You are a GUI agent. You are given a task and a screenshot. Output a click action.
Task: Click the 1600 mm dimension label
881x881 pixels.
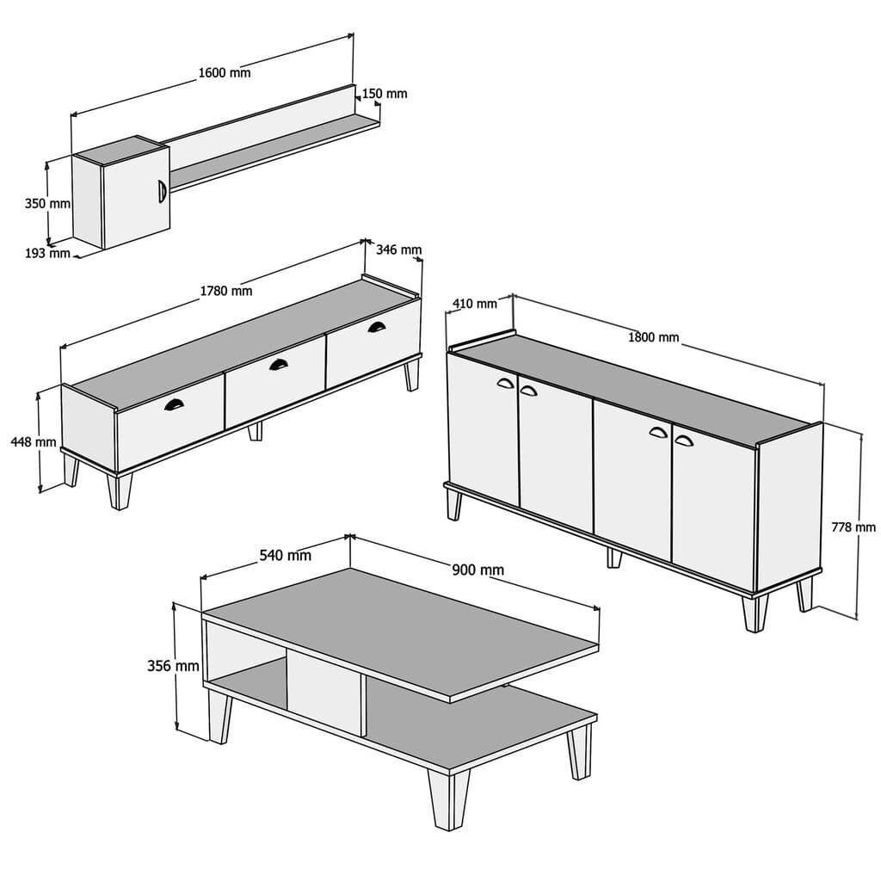click(225, 73)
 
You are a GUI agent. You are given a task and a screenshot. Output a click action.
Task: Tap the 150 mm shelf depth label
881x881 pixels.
click(385, 93)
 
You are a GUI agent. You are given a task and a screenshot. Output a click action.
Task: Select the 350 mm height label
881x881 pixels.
click(46, 204)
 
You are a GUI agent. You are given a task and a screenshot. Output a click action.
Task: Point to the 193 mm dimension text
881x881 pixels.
click(47, 253)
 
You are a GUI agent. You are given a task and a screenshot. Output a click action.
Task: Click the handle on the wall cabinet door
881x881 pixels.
click(161, 191)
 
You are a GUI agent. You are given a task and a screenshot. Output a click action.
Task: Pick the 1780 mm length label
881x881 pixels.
click(226, 291)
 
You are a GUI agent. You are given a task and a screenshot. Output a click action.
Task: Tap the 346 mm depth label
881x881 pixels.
click(399, 250)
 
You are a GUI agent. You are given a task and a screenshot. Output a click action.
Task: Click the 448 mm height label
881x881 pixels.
click(33, 441)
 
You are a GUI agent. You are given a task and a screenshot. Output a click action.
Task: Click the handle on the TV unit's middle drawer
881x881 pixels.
click(279, 365)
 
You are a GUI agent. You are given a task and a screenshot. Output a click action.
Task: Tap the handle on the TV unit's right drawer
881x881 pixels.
click(377, 326)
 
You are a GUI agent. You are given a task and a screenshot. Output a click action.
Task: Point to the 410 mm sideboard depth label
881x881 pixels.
click(475, 303)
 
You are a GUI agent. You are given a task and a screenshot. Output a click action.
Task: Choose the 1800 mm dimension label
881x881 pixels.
click(654, 337)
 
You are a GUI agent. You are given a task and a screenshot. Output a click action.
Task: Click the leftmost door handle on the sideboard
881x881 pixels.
click(505, 384)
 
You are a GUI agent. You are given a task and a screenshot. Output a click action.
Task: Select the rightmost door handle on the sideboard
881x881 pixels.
click(684, 440)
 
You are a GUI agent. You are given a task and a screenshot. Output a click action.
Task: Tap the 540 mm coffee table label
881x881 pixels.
click(286, 555)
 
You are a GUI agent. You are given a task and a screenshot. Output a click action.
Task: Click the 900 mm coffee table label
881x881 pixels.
click(478, 570)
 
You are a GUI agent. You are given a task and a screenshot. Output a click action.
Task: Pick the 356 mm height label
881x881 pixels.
click(173, 666)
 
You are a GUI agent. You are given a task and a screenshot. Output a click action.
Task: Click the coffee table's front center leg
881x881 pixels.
click(451, 798)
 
